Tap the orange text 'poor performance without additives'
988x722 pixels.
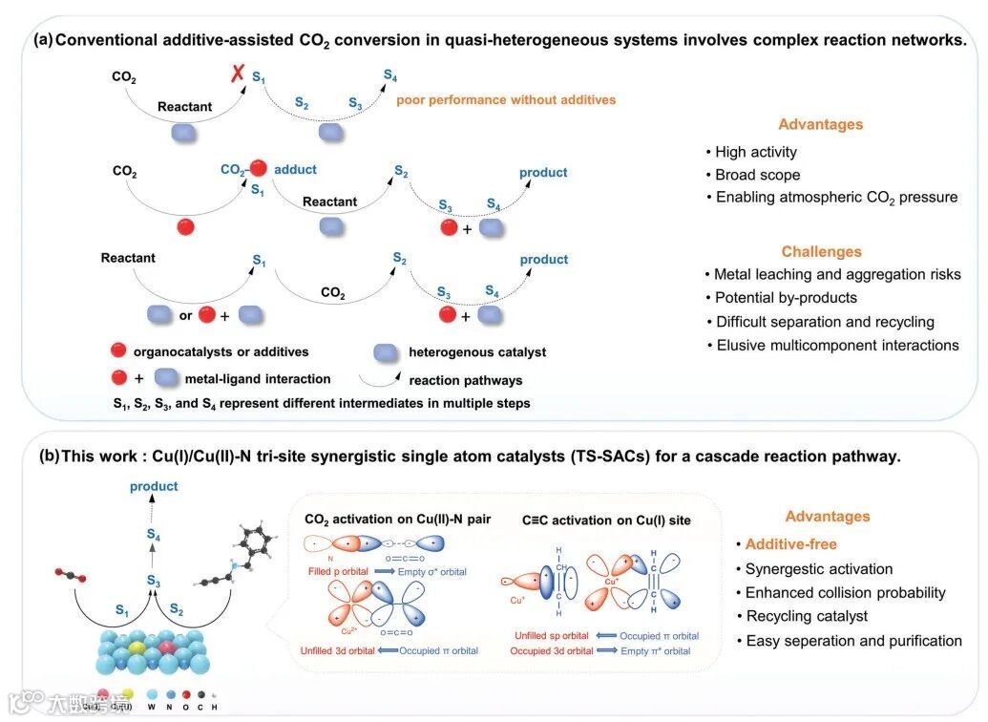tap(506, 99)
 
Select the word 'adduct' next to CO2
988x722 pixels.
tap(295, 169)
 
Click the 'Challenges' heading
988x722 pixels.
tap(821, 252)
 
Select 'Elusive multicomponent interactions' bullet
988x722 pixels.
tap(837, 345)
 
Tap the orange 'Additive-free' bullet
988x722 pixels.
tap(791, 544)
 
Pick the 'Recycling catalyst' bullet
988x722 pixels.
tap(808, 616)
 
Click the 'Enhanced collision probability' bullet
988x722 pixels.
tap(845, 592)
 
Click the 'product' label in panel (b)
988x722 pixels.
tap(154, 486)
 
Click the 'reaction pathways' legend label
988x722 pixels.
tap(465, 380)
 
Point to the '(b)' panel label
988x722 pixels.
tap(48, 457)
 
